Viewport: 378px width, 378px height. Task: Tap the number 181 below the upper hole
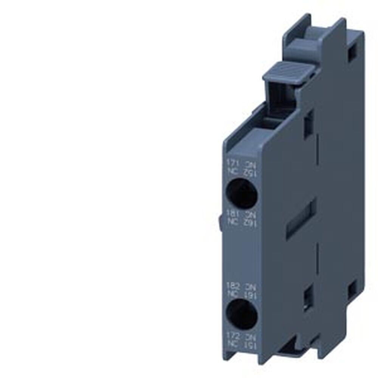(231, 213)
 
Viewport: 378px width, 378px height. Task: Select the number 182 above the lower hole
(231, 284)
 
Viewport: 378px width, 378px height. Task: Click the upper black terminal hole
(242, 193)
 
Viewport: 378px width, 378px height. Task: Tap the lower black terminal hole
(242, 313)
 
